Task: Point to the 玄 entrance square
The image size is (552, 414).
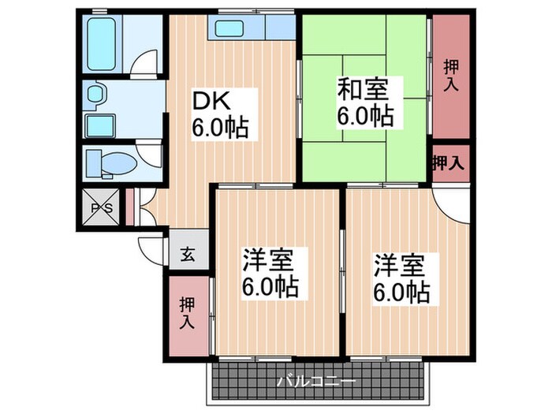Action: pos(188,254)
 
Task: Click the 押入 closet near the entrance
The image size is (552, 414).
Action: pos(188,313)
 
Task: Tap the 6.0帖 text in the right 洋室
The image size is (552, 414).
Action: pos(401,293)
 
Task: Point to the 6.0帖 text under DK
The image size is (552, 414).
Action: pos(219,127)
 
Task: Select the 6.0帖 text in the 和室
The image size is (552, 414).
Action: pos(365,115)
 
